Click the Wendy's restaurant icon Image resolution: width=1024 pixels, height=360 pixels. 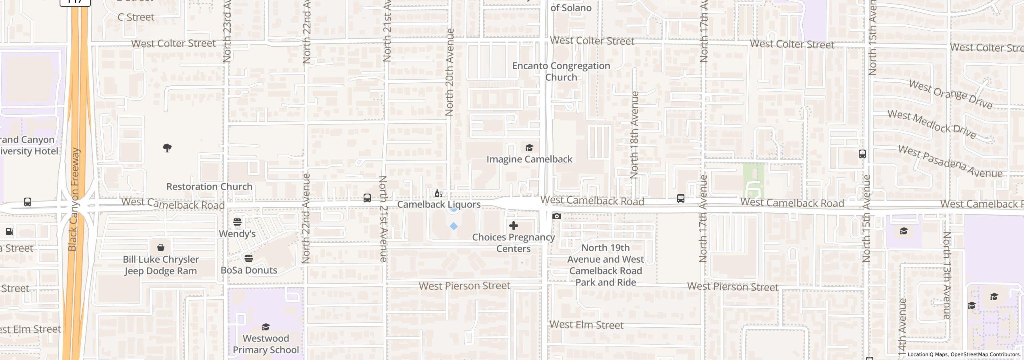pyautogui.click(x=237, y=222)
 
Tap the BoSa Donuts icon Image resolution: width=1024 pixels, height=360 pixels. pyautogui.click(x=249, y=258)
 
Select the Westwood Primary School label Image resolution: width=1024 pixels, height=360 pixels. pyautogui.click(x=266, y=344)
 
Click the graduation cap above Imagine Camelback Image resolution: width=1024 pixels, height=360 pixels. pyautogui.click(x=529, y=148)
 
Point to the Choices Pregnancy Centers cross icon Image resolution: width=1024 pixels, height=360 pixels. pyautogui.click(x=513, y=226)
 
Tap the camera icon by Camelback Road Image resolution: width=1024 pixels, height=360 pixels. pyautogui.click(x=556, y=216)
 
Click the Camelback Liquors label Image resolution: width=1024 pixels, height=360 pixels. pyautogui.click(x=439, y=204)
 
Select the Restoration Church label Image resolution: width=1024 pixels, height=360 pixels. pyautogui.click(x=209, y=187)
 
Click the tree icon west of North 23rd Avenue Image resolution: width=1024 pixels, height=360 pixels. pyautogui.click(x=167, y=148)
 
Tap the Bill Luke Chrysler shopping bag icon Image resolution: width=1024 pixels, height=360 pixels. pyautogui.click(x=160, y=248)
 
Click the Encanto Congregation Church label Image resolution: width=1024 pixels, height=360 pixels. pyautogui.click(x=561, y=72)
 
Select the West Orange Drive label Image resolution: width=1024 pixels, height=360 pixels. pyautogui.click(x=950, y=94)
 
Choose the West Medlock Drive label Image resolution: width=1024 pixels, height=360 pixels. pyautogui.click(x=932, y=124)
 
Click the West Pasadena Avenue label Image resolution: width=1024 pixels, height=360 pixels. pyautogui.click(x=950, y=162)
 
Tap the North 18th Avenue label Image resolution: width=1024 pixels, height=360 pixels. pyautogui.click(x=634, y=135)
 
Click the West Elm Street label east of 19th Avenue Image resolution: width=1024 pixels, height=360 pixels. pyautogui.click(x=586, y=325)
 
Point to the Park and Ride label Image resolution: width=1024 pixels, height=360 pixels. pyautogui.click(x=605, y=265)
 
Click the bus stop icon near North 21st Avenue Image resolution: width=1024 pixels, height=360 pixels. pyautogui.click(x=367, y=198)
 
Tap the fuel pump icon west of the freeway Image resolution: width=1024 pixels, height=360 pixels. pyautogui.click(x=10, y=231)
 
